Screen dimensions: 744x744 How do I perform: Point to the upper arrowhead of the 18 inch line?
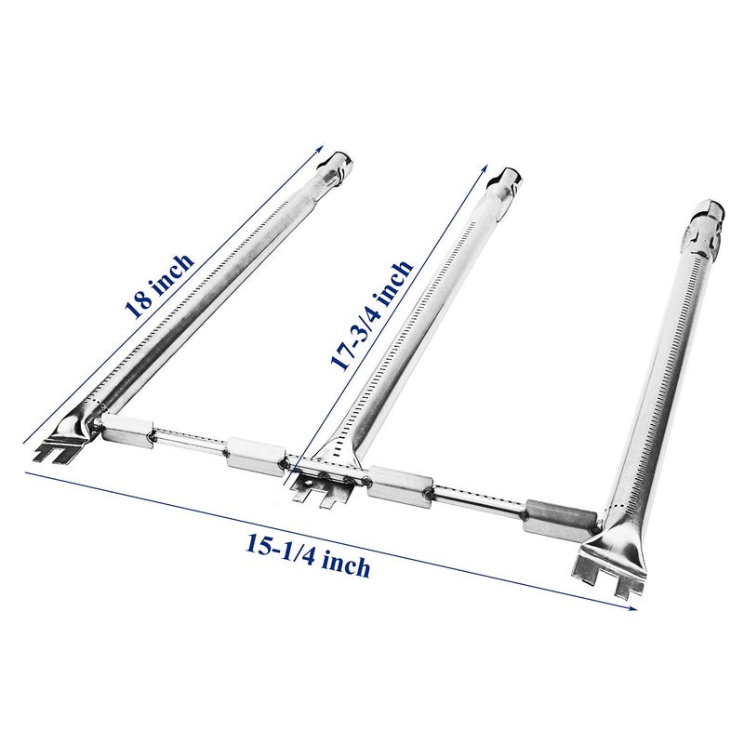tap(322, 152)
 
